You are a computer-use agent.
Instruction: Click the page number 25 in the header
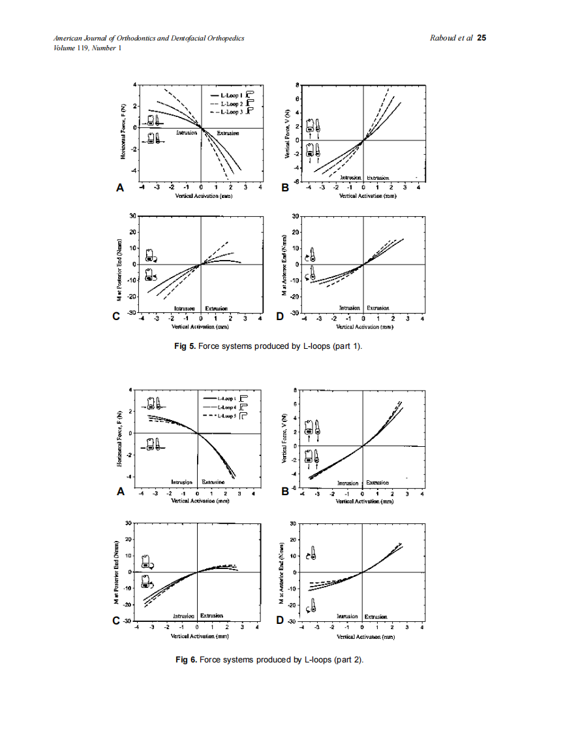(481, 38)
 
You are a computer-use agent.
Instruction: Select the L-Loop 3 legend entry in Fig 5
(232, 112)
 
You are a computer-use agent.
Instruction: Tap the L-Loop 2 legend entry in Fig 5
(232, 104)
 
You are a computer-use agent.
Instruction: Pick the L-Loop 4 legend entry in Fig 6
(226, 406)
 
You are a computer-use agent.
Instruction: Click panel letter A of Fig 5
(119, 187)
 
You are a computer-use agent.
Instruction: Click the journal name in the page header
(149, 38)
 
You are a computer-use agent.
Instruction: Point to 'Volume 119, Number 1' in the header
(87, 47)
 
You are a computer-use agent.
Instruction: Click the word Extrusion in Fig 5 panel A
(228, 133)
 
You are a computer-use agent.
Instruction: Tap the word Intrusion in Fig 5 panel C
(185, 308)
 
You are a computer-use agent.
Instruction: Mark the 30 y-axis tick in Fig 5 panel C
(132, 216)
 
